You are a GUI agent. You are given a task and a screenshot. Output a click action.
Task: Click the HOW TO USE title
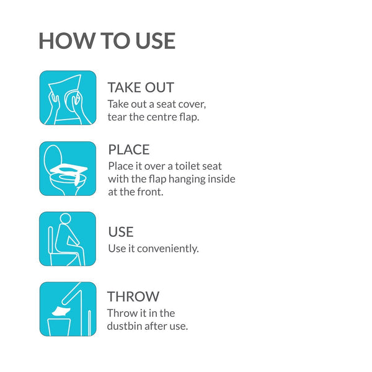107,41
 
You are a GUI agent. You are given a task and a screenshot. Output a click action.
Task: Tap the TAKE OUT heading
141,87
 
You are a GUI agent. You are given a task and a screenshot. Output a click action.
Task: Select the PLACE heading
129,149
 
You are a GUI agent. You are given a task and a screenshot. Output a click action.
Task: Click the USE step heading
121,232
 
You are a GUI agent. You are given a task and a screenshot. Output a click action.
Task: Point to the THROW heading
133,296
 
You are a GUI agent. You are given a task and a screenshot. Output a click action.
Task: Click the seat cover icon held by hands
68,98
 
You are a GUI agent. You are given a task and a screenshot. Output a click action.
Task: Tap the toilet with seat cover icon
68,169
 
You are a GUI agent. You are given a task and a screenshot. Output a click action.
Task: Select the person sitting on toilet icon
68,239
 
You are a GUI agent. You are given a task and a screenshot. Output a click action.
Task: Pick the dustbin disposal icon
68,309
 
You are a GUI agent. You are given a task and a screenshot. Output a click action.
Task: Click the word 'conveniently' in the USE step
168,249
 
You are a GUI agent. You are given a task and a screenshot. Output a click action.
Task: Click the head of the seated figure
66,218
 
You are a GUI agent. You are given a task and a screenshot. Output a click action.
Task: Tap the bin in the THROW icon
59,327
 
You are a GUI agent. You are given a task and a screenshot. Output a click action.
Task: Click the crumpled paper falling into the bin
61,311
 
